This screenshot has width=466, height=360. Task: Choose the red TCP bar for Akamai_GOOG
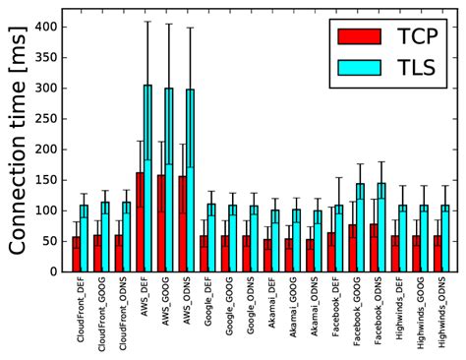[288, 255]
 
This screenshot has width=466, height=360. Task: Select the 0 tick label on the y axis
[53, 270]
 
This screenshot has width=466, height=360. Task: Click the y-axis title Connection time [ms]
[19, 148]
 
